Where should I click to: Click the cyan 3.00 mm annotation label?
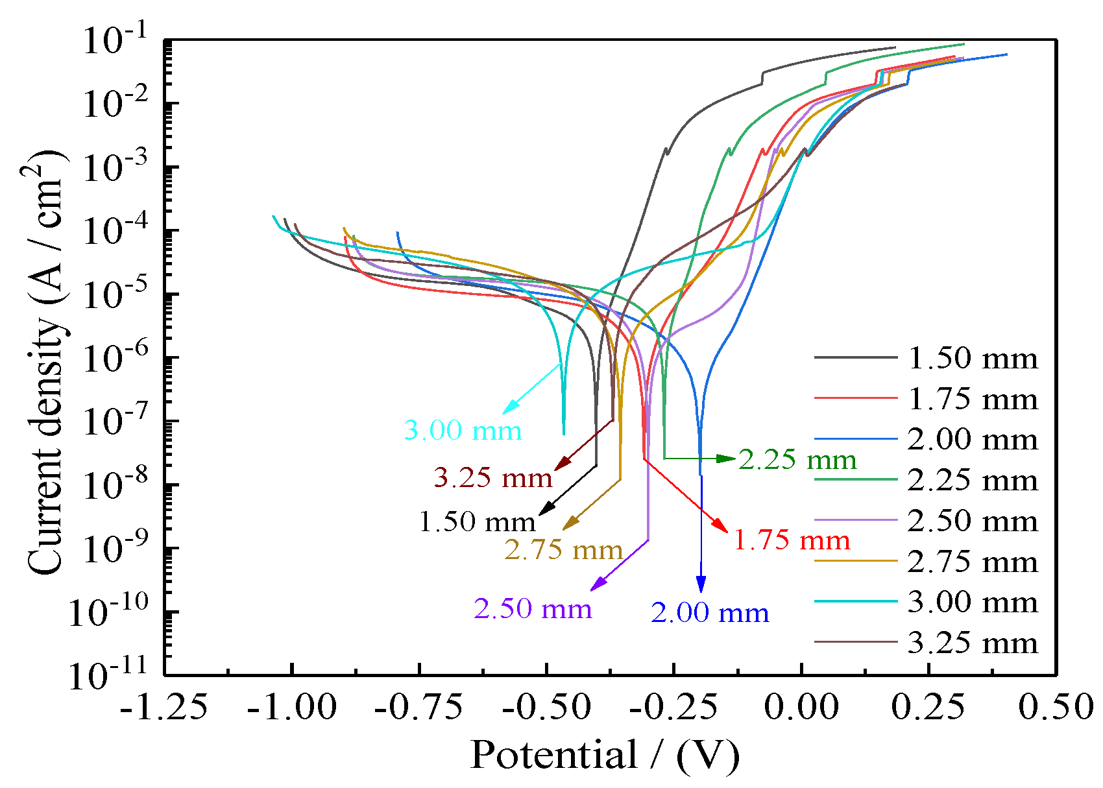pyautogui.click(x=463, y=431)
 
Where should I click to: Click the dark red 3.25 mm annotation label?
pyautogui.click(x=492, y=478)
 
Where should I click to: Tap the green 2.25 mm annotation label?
pyautogui.click(x=797, y=460)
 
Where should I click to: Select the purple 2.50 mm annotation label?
pyautogui.click(x=533, y=609)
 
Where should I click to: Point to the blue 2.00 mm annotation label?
pyautogui.click(x=710, y=613)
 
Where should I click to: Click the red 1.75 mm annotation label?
pyautogui.click(x=792, y=540)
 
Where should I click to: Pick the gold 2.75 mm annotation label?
pyautogui.click(x=563, y=551)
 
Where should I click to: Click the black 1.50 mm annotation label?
pyautogui.click(x=477, y=522)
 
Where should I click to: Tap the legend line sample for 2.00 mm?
pyautogui.click(x=856, y=440)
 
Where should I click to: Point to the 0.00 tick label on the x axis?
pyautogui.click(x=801, y=707)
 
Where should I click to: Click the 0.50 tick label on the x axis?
pyautogui.click(x=1056, y=707)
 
